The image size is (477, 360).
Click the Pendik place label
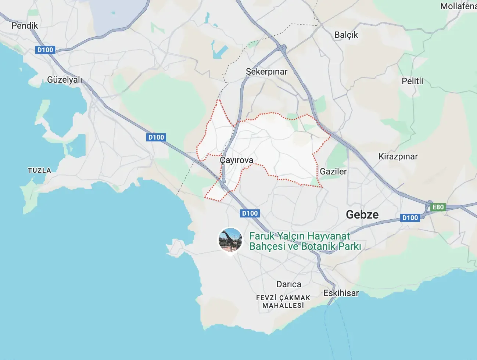(25, 26)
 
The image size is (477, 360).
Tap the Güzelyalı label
(65, 80)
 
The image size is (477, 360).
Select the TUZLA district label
(39, 170)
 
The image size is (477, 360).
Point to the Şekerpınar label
(266, 72)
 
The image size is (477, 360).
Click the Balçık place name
(346, 35)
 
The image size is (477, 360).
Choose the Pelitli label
(412, 81)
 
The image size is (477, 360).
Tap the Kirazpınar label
(398, 156)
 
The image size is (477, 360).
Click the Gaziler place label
(333, 172)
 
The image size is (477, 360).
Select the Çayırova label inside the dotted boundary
(236, 160)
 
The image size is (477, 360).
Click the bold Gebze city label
(362, 215)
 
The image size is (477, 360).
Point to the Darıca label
(289, 284)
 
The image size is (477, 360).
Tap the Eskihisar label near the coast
(341, 293)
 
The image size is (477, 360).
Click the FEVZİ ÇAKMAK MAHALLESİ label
(283, 302)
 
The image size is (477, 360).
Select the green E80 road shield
(438, 207)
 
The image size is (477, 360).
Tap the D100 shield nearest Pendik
(45, 50)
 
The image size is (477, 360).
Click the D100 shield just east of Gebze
(410, 218)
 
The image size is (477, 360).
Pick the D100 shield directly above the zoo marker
(250, 213)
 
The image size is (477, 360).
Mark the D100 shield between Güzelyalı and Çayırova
(156, 137)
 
